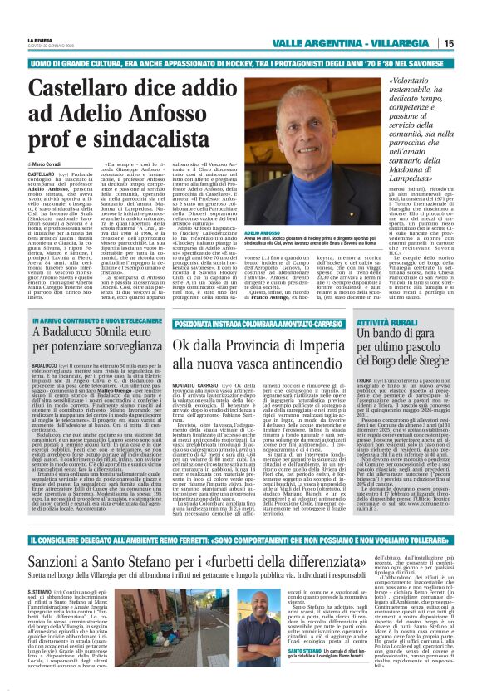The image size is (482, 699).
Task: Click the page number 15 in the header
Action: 471,43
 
